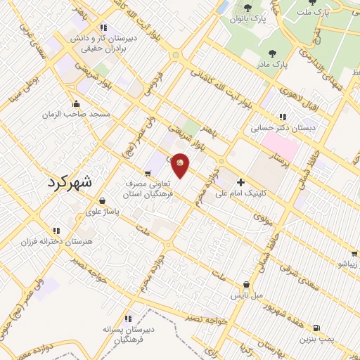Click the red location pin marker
(x=181, y=165)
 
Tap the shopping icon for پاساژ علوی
(x=103, y=200)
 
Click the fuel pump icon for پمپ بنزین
(x=317, y=328)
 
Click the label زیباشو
(x=348, y=264)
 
